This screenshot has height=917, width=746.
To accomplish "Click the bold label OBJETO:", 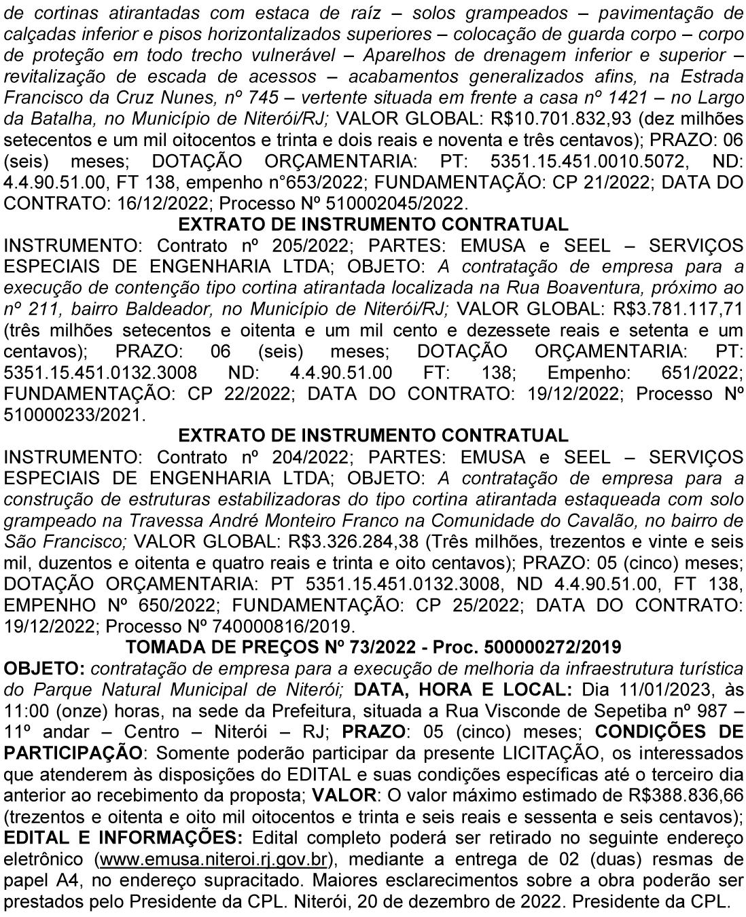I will tap(45, 668).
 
